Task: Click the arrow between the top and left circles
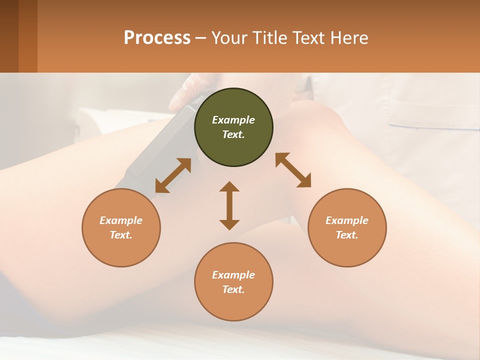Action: (173, 175)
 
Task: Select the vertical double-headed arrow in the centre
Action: (229, 205)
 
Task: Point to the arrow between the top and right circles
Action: (293, 170)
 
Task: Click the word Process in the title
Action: (157, 38)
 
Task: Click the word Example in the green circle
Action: (233, 120)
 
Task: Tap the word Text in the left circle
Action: (120, 235)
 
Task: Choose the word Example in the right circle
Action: (347, 220)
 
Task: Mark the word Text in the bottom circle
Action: (233, 289)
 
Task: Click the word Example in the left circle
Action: (121, 220)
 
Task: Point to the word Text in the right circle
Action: (346, 235)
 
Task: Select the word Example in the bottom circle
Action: (233, 275)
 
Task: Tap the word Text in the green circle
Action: (233, 134)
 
